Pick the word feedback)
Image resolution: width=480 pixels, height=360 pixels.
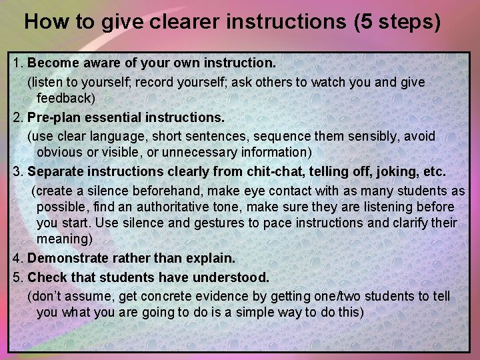(x=66, y=98)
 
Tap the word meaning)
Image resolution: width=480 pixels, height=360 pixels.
(x=65, y=239)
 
